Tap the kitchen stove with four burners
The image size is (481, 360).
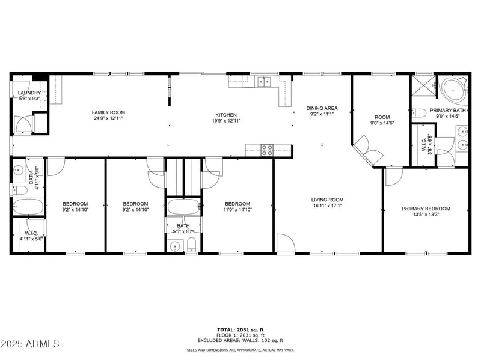[x=268, y=150]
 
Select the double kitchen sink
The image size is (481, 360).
[x=263, y=81]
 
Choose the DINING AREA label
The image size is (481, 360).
[x=322, y=108]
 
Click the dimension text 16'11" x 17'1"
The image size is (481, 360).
[x=327, y=206]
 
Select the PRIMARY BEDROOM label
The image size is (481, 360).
[x=426, y=209]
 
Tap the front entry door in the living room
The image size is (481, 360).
[x=286, y=243]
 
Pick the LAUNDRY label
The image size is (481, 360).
[x=29, y=93]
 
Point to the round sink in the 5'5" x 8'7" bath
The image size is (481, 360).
[x=176, y=245]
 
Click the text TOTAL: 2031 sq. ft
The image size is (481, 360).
[x=240, y=329]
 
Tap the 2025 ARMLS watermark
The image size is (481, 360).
[x=30, y=344]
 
